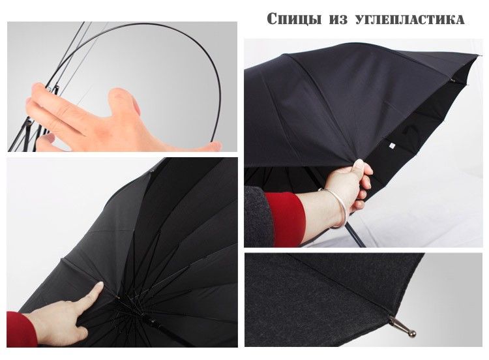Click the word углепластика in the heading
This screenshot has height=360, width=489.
coord(410,20)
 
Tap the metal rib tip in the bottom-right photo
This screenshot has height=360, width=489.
coord(403,327)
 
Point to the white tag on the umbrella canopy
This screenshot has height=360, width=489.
coord(391,145)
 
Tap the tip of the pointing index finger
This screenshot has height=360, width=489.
coord(100,286)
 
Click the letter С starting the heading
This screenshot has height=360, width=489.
coord(273,19)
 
